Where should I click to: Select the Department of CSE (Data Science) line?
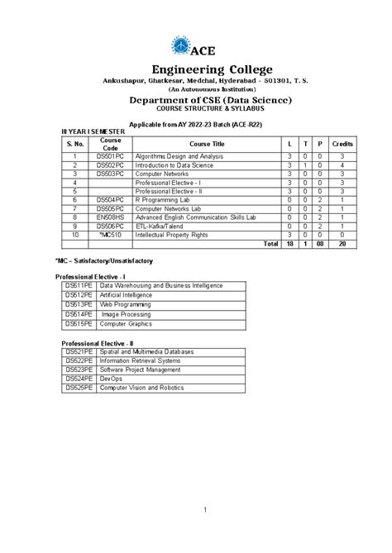click(196, 99)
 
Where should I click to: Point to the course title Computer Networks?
click(165, 174)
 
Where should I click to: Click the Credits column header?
click(342, 143)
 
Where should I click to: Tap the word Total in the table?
click(270, 244)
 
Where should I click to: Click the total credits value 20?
click(342, 244)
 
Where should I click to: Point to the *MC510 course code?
click(110, 235)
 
